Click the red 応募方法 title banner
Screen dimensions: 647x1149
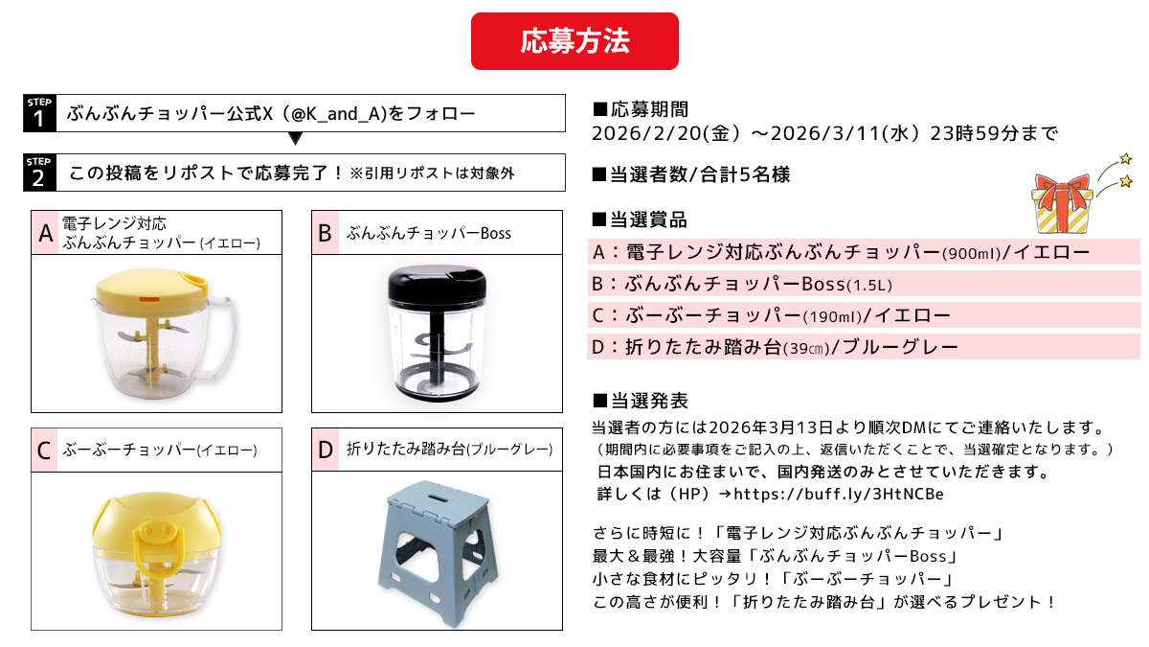point(574,41)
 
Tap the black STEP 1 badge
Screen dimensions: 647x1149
point(39,113)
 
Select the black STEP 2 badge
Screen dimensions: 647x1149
point(39,173)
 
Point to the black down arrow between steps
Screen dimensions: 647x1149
point(295,138)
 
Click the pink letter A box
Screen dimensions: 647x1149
point(45,233)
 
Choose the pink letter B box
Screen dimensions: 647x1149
point(326,233)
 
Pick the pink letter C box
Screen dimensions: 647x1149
point(45,450)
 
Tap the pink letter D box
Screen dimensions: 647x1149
point(326,450)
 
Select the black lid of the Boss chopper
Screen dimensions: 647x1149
point(441,279)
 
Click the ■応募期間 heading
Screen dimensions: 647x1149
point(641,109)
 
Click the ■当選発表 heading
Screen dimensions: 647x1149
point(641,401)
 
